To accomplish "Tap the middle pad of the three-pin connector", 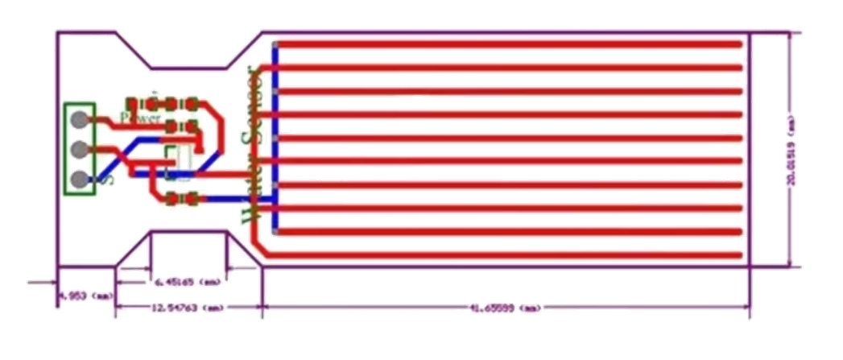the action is pos(79,149).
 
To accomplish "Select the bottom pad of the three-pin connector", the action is pos(79,179).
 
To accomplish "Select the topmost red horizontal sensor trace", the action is pos(507,43).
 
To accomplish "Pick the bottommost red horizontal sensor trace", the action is pos(507,254).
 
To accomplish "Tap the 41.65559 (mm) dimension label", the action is pos(507,308).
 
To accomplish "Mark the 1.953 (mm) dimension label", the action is pos(84,296).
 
